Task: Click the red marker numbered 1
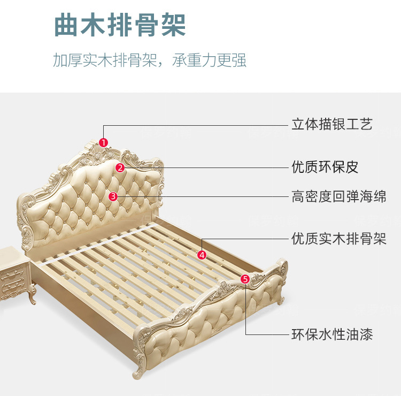(104, 142)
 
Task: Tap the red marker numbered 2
(120, 167)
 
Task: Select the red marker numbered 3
(113, 196)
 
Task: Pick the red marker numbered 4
(202, 255)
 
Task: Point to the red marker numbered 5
(245, 279)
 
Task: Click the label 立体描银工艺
(331, 125)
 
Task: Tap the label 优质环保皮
(325, 167)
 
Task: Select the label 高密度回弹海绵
(338, 196)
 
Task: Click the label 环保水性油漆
(331, 335)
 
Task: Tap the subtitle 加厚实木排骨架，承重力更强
(150, 60)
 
